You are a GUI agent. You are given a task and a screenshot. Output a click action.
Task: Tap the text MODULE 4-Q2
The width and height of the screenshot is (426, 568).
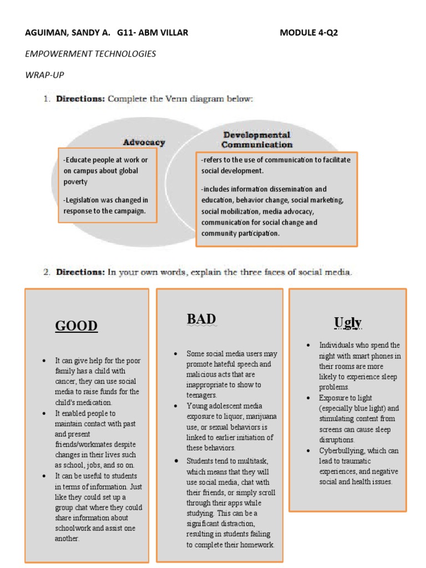coord(308,33)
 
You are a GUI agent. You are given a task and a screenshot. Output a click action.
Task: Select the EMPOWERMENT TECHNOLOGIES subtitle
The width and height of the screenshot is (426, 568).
coord(90,54)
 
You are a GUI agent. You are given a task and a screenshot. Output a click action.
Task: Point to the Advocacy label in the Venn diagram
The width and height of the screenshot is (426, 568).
coord(144,142)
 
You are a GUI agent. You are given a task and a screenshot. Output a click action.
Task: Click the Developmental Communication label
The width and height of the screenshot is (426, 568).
coord(257,140)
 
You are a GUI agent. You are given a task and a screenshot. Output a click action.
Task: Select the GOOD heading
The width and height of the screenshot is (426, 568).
coord(77,326)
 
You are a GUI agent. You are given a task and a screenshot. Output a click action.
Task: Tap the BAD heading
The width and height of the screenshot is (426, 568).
coord(201,319)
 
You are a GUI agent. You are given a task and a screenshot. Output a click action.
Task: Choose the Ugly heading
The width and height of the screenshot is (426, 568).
coord(348,322)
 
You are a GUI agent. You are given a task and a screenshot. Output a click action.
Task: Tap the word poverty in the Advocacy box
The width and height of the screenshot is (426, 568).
coord(76,181)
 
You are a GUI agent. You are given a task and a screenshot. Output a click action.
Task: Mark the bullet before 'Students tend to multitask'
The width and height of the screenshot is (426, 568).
coord(175,461)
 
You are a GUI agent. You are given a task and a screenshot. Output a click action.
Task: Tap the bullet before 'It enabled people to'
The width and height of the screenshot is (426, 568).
coord(44,414)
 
